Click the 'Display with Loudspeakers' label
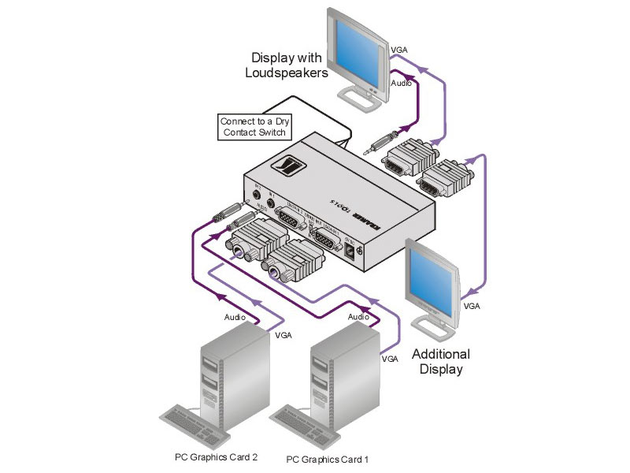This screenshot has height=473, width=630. tap(288, 65)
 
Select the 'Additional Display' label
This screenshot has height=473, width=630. tap(440, 361)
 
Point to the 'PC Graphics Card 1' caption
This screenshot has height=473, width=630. tap(327, 459)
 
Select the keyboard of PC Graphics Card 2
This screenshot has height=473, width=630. tap(195, 423)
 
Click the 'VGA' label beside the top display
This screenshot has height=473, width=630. tap(399, 50)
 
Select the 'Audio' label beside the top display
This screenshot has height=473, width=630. tap(401, 82)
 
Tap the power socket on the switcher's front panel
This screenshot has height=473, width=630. tap(349, 250)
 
